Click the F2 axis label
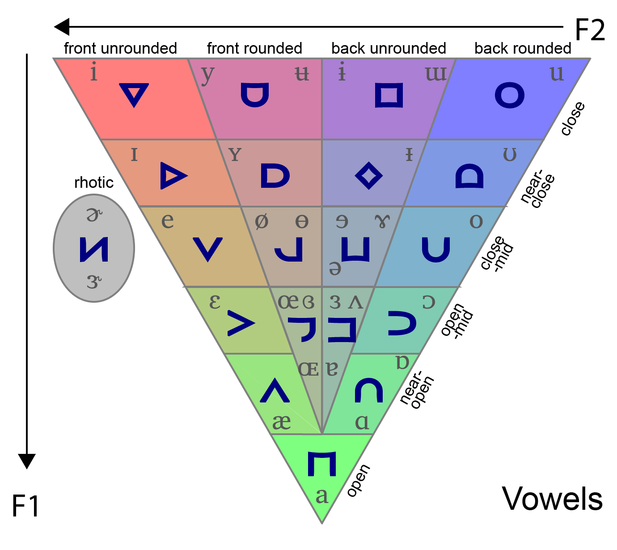[589, 30]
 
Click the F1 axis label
[25, 506]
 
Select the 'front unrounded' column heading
[120, 48]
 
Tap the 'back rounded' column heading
[523, 48]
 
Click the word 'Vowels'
[552, 499]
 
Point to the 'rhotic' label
[94, 182]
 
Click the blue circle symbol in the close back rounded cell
[510, 95]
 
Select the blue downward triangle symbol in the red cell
[134, 94]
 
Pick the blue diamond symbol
[368, 176]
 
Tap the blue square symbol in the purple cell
[389, 95]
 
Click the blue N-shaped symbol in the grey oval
[94, 249]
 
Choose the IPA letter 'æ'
[281, 422]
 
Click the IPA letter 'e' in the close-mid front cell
[167, 220]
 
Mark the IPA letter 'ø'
[262, 221]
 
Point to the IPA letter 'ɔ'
[428, 302]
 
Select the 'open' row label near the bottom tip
[359, 480]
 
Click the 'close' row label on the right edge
[573, 118]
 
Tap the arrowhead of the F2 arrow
[62, 27]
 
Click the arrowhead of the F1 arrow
[27, 461]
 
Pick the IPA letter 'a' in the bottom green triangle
[321, 496]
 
